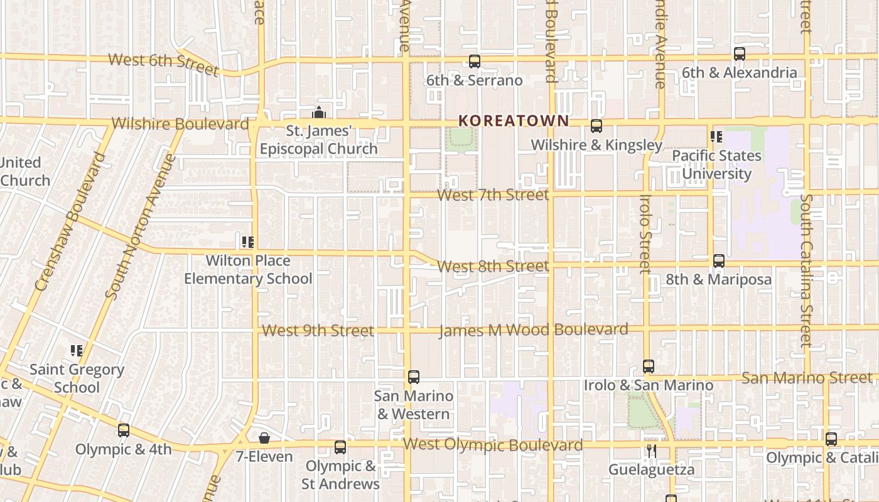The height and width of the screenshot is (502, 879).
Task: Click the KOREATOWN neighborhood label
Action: coord(514,120)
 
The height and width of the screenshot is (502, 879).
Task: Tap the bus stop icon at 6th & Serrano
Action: coord(475,61)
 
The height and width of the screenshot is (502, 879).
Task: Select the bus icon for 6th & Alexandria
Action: coord(740,54)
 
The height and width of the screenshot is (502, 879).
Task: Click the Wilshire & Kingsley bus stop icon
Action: coord(596,126)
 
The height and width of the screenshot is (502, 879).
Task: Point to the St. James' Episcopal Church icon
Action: coord(319,113)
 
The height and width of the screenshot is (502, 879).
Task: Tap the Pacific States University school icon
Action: coord(716,137)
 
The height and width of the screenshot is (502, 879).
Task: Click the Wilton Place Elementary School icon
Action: coord(248,242)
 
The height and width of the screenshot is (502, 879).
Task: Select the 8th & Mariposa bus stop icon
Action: coord(719,261)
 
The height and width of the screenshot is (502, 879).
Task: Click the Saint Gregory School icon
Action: coord(77,351)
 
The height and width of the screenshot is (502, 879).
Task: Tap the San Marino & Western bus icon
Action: coord(414,377)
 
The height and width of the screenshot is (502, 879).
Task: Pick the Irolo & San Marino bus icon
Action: coord(649,366)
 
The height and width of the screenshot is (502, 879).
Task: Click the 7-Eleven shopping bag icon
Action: coord(264,438)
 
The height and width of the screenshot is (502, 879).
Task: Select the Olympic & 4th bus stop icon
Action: coord(124,431)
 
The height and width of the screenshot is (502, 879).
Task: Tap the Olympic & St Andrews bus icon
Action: coord(340,447)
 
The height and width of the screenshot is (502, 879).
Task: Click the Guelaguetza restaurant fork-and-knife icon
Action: coord(652,451)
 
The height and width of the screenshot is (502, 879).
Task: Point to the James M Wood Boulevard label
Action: coord(533,330)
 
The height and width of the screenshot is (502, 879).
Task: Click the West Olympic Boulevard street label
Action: coord(492,445)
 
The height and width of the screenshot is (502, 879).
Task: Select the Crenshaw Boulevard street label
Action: coord(69,221)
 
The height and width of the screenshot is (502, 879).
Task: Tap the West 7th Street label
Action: coord(493,195)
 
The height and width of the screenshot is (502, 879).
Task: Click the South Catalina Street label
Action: coord(806,270)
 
